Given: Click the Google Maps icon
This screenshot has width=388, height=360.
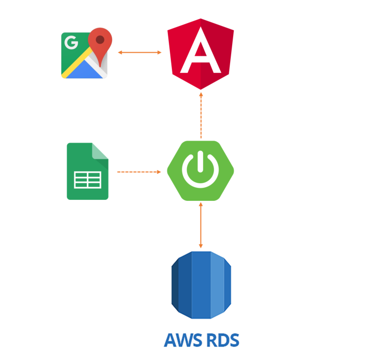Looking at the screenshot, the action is (86, 53).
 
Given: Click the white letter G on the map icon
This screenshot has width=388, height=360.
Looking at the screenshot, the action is (71, 43).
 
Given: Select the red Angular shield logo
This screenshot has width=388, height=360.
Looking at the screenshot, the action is (201, 54).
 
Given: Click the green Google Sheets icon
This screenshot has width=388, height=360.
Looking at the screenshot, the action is (87, 171).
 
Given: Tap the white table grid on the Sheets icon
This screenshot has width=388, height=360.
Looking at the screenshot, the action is (87, 180).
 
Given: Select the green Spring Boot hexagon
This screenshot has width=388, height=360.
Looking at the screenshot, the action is (201, 171).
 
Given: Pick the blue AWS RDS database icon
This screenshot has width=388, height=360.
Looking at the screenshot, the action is (201, 285).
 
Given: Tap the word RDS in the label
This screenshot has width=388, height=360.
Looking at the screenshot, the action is (223, 340).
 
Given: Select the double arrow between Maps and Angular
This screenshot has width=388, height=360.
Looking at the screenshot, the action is (140, 52).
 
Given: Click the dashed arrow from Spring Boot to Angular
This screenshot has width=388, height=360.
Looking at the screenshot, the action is (201, 115).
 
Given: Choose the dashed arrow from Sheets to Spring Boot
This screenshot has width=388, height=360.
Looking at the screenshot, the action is (139, 172).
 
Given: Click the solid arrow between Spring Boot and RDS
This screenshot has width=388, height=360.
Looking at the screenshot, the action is (201, 225).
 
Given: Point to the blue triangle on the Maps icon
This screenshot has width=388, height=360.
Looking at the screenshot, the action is (84, 70).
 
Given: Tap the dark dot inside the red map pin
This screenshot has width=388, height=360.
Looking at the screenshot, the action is (100, 40).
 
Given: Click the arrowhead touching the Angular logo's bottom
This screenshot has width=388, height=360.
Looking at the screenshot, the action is (201, 94).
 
